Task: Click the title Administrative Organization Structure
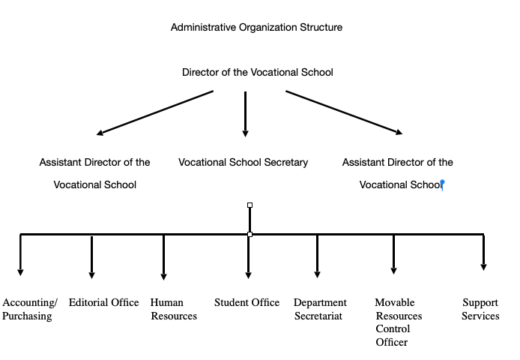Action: [x=256, y=28]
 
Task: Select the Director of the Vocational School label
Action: [x=257, y=73]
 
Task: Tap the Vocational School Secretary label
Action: [x=243, y=163]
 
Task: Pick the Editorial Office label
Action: [x=103, y=303]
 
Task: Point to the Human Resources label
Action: [x=173, y=310]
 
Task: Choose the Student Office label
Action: [x=247, y=303]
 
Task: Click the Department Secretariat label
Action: [x=320, y=310]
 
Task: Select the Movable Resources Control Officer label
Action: [x=398, y=322]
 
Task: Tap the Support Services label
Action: [x=480, y=310]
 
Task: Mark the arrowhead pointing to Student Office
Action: [x=249, y=274]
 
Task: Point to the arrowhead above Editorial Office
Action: [x=92, y=274]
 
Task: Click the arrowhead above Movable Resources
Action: [x=393, y=269]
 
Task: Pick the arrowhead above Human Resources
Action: [x=163, y=274]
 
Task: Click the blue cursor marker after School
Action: [x=443, y=183]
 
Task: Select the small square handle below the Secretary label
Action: [x=250, y=205]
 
